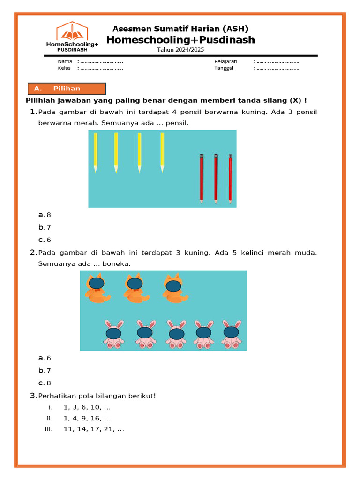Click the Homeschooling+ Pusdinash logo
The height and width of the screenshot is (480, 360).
pos(72,36)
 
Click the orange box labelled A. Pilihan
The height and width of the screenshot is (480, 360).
pos(67,89)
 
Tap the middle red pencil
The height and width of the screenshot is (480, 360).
pos(216,178)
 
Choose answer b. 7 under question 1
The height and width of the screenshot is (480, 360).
pos(45,227)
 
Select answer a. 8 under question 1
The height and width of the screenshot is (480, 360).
pos(45,215)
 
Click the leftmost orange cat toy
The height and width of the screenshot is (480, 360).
pos(96,288)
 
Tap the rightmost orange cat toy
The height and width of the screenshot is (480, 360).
pos(174,288)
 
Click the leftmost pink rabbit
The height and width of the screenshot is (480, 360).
pos(113,334)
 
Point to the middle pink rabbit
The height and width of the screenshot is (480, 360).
pos(176,334)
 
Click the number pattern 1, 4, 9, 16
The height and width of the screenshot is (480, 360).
pos(87,419)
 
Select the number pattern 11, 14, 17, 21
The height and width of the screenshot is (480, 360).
pos(93,429)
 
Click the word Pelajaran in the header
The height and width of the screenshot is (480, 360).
pos(226,61)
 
